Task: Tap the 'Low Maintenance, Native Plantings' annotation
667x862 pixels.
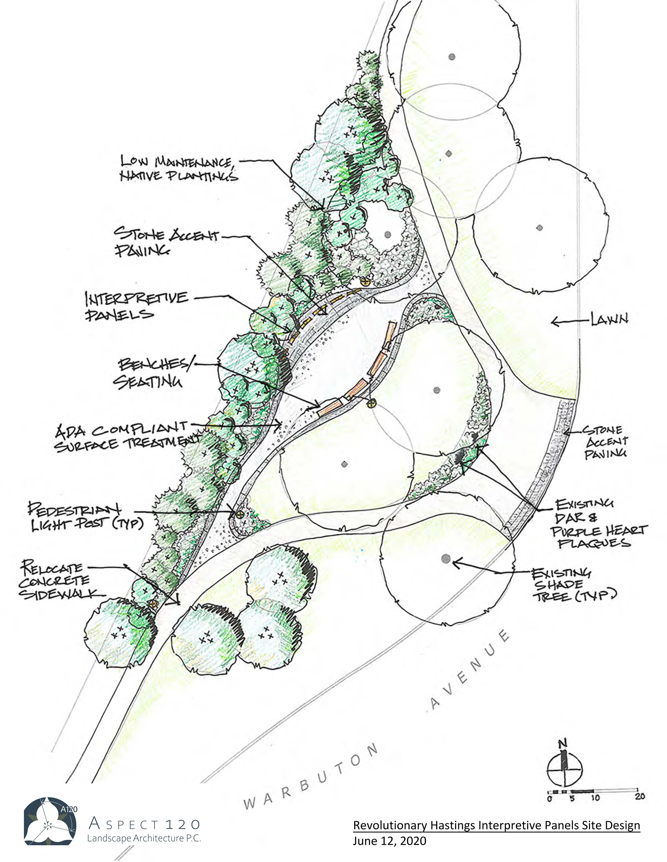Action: coord(179,168)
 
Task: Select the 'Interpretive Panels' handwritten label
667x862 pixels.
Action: coord(136,306)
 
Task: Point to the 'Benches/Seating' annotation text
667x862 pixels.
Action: coord(152,373)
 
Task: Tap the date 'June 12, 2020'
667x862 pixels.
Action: coord(389,841)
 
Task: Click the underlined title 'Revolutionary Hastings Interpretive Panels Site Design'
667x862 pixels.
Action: coord(496,825)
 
